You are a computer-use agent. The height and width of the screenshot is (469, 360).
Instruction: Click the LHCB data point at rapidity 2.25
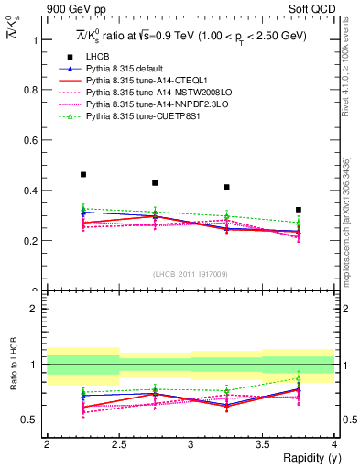coord(83,174)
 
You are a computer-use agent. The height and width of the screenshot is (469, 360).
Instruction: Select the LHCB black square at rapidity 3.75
coord(299,210)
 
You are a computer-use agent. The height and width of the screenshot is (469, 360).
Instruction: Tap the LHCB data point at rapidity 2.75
coord(155,183)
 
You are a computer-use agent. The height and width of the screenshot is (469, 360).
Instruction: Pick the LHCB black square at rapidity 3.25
coord(226,187)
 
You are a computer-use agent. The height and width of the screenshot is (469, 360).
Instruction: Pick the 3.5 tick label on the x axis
coord(262,444)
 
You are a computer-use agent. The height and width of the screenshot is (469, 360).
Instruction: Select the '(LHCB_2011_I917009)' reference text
coord(191,274)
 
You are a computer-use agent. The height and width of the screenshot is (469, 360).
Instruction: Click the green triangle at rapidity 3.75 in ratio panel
coord(299,378)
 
